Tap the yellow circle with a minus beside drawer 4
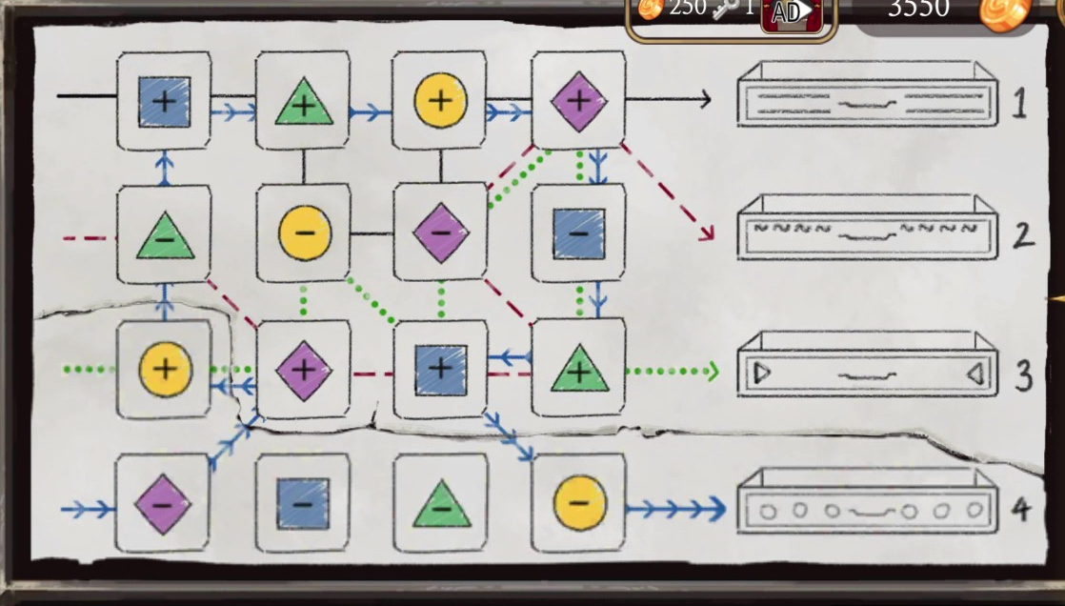pyautogui.click(x=578, y=502)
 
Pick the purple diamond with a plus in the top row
pyautogui.click(x=578, y=99)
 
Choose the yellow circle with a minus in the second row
pyautogui.click(x=304, y=232)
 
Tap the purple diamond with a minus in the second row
pyautogui.click(x=440, y=232)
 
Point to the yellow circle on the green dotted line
pyautogui.click(x=165, y=369)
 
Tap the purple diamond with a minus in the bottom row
pyautogui.click(x=162, y=503)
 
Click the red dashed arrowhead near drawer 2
pyautogui.click(x=706, y=232)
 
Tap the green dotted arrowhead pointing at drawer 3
pyautogui.click(x=711, y=371)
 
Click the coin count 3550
pyautogui.click(x=918, y=10)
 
